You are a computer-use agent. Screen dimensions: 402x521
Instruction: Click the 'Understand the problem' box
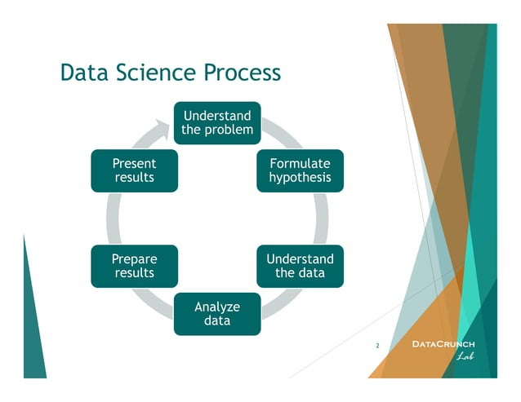click(x=217, y=122)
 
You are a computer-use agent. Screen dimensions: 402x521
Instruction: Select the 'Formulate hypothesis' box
click(x=300, y=170)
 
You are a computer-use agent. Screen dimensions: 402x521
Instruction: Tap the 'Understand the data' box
click(x=300, y=266)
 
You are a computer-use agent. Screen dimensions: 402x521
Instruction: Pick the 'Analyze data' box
click(x=217, y=313)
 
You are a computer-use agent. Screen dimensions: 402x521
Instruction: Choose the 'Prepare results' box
click(x=134, y=266)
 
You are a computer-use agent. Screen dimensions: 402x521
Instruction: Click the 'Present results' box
click(x=134, y=170)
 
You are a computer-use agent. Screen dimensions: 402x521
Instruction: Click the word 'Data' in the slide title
click(x=84, y=73)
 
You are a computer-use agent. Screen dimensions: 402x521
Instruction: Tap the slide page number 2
click(x=377, y=347)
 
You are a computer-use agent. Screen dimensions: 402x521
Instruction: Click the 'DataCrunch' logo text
click(x=442, y=345)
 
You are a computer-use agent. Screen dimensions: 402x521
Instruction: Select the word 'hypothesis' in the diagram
click(x=300, y=178)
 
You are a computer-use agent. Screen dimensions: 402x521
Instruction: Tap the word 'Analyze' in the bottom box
click(x=217, y=307)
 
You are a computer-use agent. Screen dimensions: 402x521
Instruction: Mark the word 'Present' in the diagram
click(x=134, y=163)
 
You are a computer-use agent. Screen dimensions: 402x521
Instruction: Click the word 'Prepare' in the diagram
click(x=134, y=258)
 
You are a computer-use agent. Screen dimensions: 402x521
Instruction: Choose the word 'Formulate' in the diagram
click(x=300, y=163)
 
